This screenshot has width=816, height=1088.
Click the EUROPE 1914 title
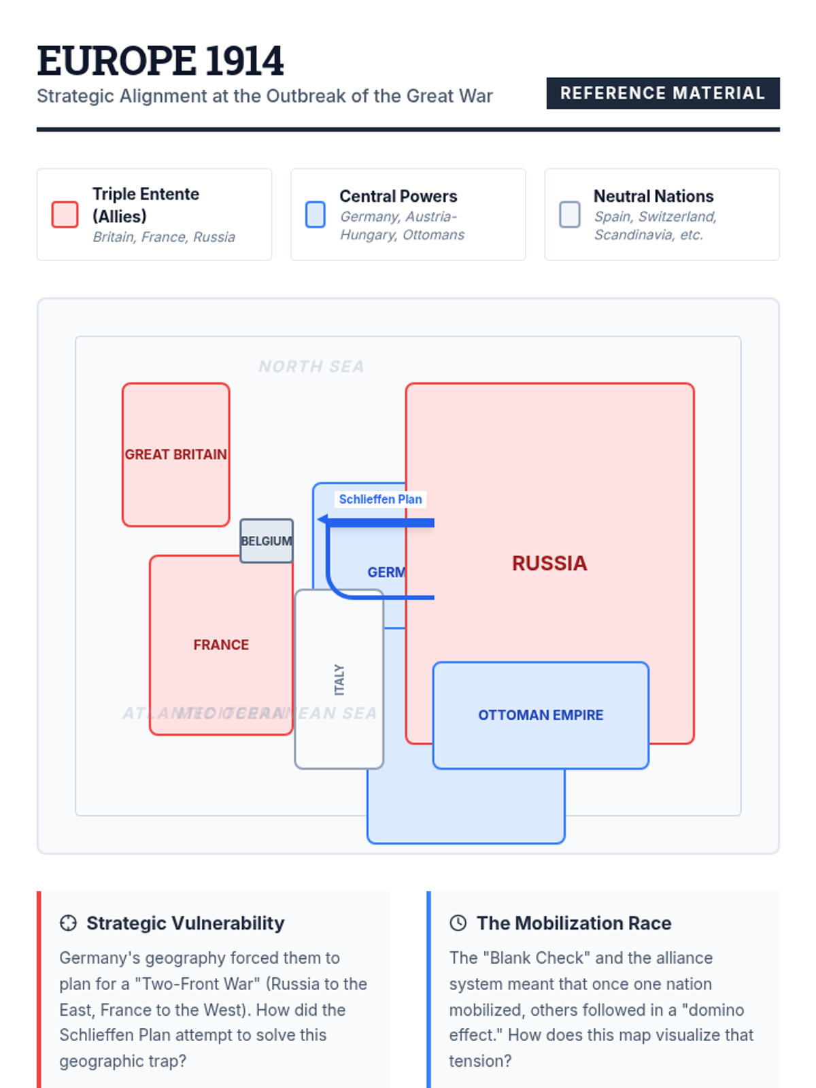160,61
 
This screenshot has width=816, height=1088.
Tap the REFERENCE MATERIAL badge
662,93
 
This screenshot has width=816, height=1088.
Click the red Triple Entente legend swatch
65,214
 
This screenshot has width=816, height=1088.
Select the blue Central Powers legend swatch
315,214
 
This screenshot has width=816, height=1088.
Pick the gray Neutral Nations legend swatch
569,214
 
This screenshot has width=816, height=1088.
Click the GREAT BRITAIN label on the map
175,454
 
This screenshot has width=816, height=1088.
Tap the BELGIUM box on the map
266,541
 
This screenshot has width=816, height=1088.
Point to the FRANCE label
221,645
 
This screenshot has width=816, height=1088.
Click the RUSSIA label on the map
549,563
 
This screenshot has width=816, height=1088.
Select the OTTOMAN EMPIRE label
541,715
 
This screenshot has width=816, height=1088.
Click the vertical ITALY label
339,679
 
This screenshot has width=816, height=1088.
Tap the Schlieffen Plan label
380,499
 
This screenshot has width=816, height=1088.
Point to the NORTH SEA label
311,367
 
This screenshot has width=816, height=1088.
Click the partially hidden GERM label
386,573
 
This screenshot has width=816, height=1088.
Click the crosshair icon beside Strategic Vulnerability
68,923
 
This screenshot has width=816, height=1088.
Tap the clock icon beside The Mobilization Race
458,923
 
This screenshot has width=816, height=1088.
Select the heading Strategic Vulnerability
185,923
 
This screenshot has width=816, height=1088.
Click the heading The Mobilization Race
574,923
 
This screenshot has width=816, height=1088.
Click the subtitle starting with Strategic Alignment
265,96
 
